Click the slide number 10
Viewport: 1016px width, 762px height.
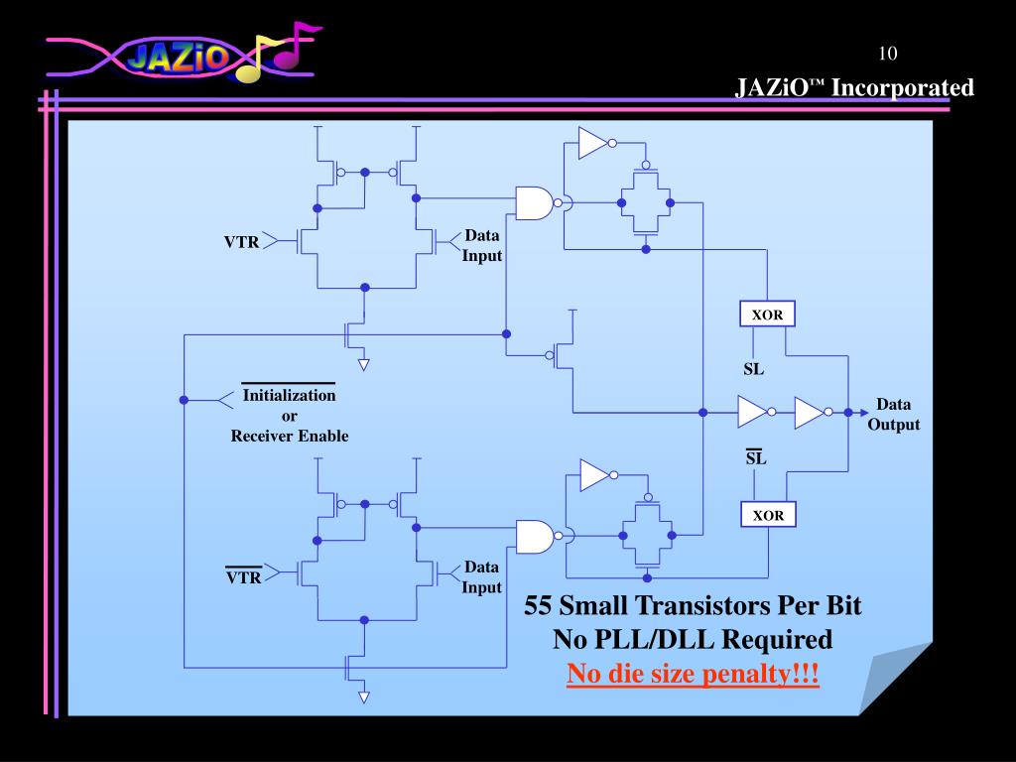click(887, 53)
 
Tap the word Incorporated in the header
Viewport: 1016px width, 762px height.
click(902, 88)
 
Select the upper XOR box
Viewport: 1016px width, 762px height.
click(767, 316)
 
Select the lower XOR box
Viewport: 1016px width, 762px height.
click(767, 515)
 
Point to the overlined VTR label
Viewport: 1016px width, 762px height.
click(243, 576)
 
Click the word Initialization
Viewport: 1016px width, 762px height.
click(290, 395)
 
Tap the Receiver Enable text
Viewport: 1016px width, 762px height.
click(290, 436)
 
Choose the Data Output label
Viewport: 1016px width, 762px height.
click(893, 415)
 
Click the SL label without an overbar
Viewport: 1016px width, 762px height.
click(755, 371)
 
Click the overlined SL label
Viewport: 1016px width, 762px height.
click(756, 458)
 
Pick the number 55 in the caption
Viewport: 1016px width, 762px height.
click(539, 605)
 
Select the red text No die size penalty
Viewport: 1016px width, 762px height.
click(693, 676)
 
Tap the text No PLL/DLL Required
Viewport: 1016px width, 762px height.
click(693, 640)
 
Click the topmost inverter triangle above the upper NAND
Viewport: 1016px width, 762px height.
click(592, 143)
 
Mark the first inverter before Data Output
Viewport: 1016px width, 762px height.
click(752, 412)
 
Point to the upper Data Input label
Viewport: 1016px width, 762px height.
click(481, 245)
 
